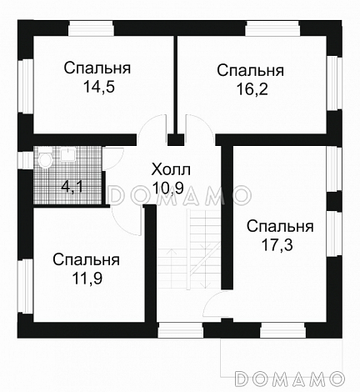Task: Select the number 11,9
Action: pos(86,277)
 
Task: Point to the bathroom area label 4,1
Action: pos(72,187)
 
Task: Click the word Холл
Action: pos(171,168)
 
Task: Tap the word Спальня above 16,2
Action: pos(251,69)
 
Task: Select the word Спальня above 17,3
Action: pos(280,227)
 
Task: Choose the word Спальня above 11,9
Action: pos(86,260)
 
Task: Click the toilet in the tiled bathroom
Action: pos(46,158)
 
